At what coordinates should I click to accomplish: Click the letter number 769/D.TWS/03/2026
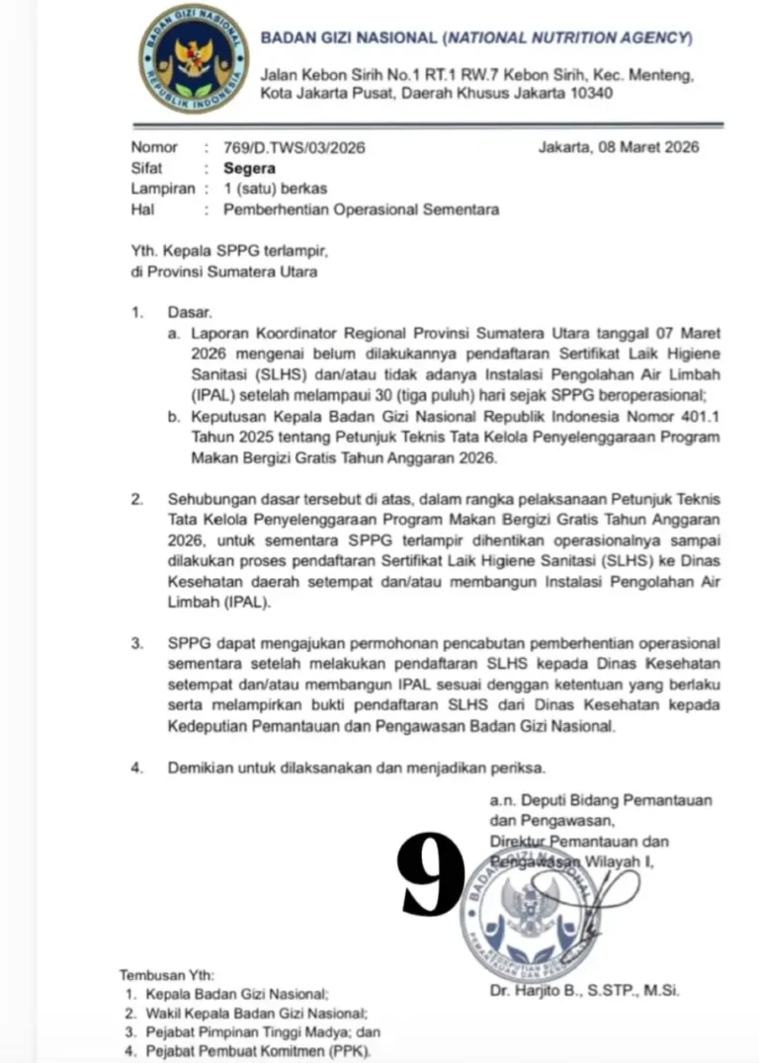[x=294, y=148]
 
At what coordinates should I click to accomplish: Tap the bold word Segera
[x=249, y=168]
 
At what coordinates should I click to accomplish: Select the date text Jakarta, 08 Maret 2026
[x=619, y=147]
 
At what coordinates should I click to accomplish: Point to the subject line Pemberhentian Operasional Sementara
[x=361, y=209]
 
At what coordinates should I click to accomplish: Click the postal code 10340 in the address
[x=589, y=94]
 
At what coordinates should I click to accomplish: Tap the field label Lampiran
[x=163, y=189]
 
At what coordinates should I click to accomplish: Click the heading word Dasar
[x=190, y=312]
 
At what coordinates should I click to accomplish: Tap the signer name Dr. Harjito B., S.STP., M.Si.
[x=584, y=990]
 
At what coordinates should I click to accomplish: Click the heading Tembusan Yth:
[x=166, y=974]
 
